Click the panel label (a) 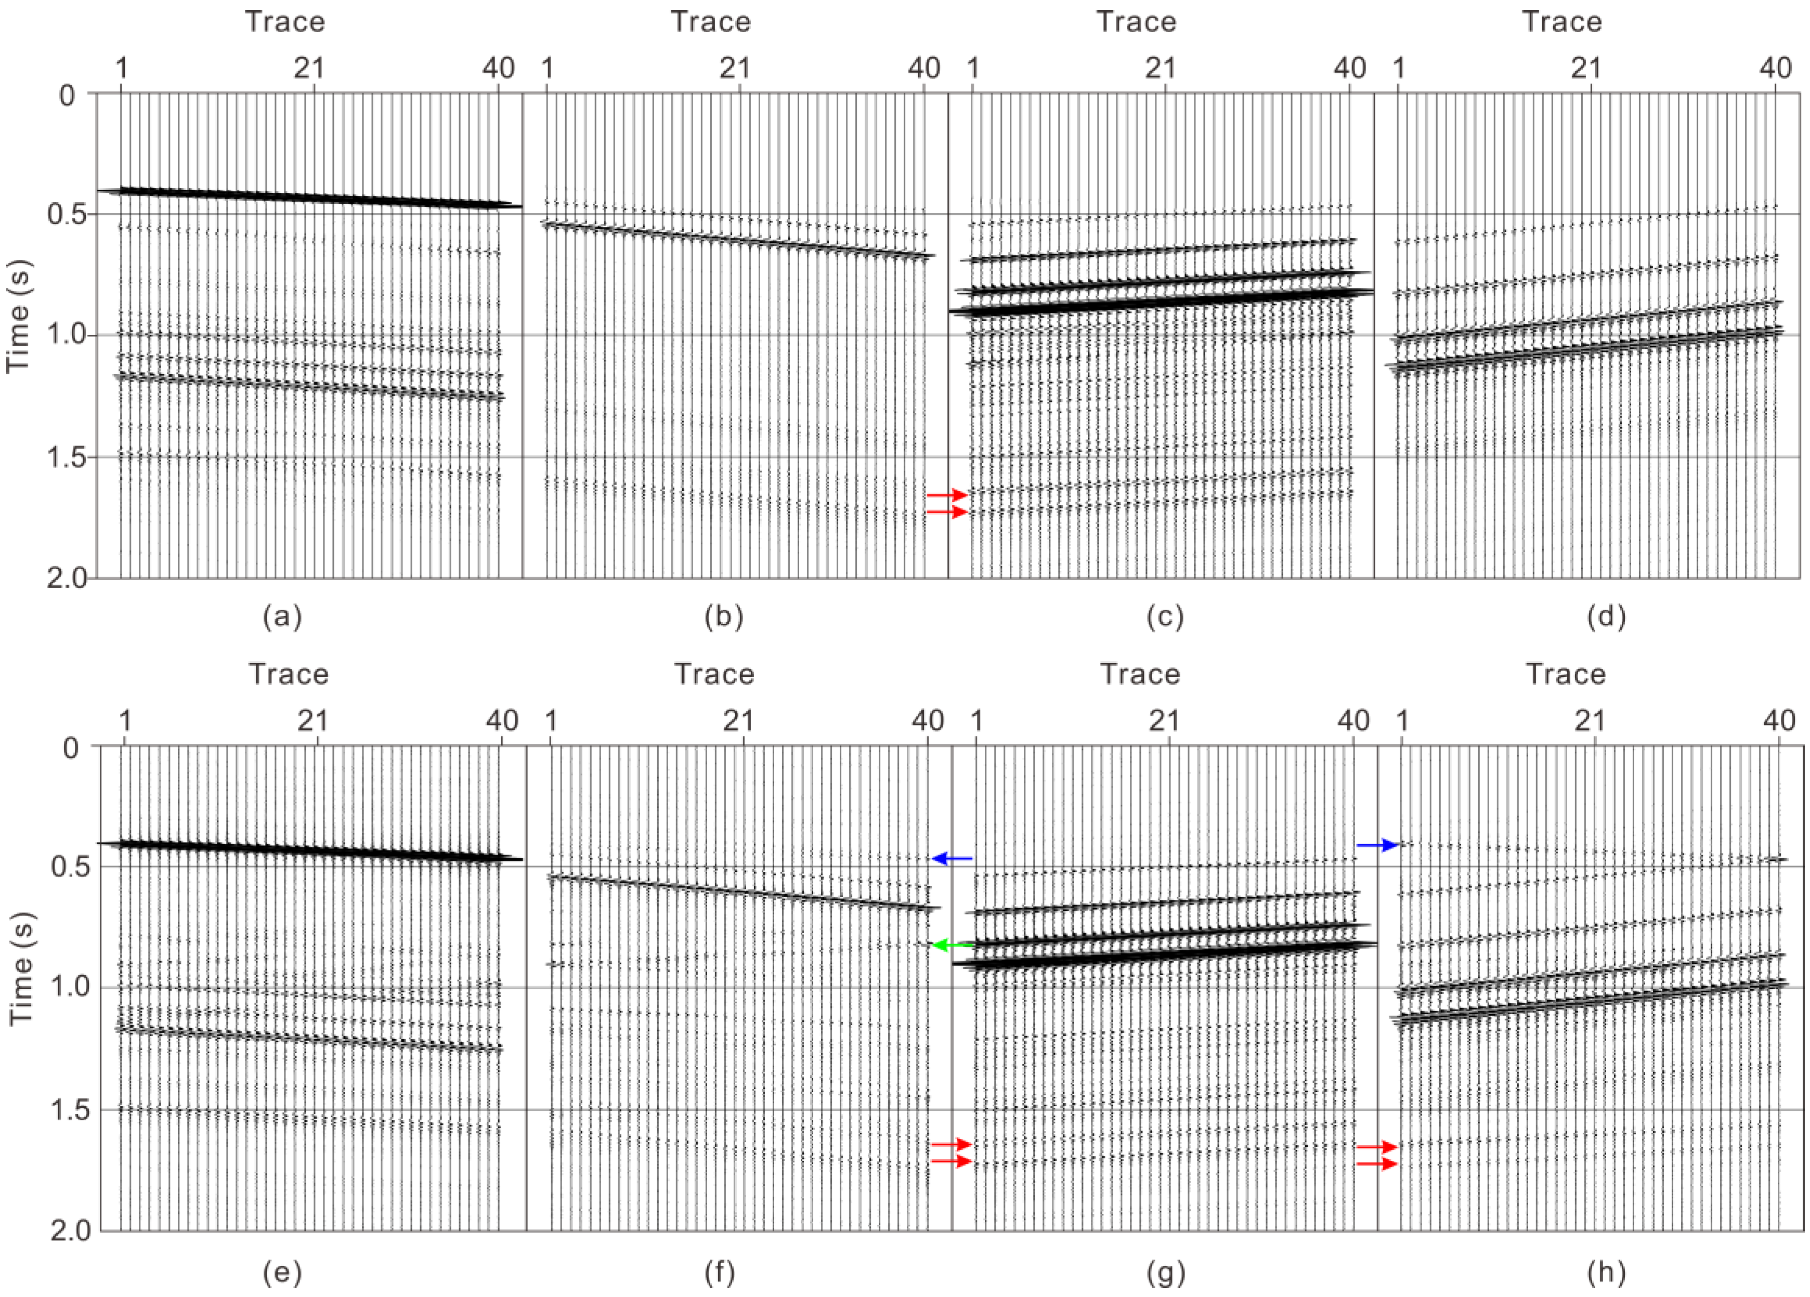click(x=282, y=616)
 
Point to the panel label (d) click(x=1606, y=616)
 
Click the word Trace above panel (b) click(x=710, y=21)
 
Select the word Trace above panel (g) click(x=1140, y=675)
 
